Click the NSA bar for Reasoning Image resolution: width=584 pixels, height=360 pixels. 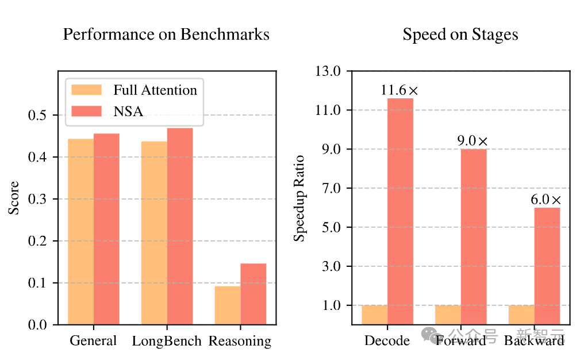[253, 294]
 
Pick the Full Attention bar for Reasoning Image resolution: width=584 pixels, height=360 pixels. [227, 305]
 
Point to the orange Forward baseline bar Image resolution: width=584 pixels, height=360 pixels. [448, 315]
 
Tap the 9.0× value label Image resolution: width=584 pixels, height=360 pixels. [473, 141]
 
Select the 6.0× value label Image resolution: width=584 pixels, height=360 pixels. [546, 200]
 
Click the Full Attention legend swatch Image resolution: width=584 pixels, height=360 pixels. [86, 90]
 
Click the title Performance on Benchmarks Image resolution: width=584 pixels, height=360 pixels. [166, 35]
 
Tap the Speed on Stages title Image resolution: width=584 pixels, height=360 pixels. [460, 35]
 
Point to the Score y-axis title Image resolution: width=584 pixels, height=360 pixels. [14, 198]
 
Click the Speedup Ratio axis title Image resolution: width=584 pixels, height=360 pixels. [299, 198]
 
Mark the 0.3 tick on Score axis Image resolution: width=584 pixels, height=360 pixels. [39, 199]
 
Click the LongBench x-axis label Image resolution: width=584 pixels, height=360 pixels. [167, 341]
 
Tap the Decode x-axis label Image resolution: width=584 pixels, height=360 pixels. [387, 341]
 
